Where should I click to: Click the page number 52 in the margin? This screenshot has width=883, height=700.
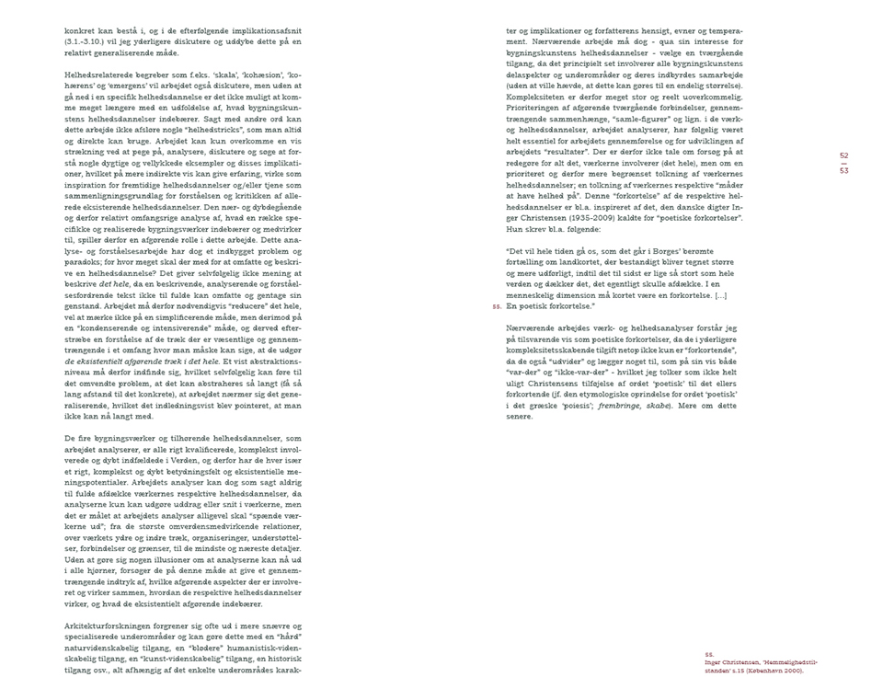point(843,156)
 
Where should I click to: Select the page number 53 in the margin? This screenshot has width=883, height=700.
point(843,172)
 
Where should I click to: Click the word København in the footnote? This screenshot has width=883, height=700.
point(779,671)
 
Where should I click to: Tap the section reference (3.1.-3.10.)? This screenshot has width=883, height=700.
point(90,42)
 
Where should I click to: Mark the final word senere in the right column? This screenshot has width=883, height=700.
point(520,417)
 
